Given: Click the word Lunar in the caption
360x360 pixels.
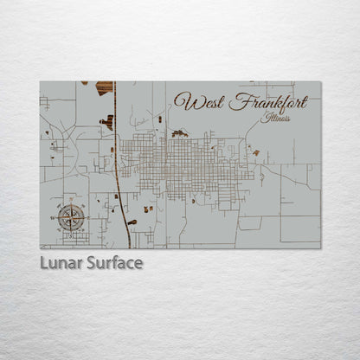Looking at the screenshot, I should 62,262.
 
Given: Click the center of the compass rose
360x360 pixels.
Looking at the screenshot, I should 71,218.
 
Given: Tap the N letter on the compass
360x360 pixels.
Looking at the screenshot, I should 71,203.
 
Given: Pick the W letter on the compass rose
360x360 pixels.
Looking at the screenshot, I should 54,218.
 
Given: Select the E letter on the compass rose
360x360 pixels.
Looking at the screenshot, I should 88,218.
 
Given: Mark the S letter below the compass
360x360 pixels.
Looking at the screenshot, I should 71,234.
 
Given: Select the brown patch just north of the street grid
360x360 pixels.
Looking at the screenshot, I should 179,133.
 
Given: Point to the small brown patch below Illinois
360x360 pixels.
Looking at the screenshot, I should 255,153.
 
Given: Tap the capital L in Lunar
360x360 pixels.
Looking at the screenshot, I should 44,262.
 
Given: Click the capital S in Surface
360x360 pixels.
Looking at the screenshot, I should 91,262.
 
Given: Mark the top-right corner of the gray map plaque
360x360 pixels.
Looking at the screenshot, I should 320,81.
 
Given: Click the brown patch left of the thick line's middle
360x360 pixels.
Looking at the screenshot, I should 107,122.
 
